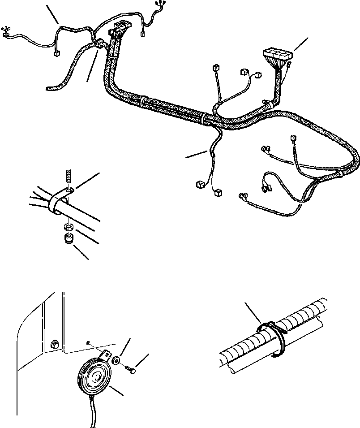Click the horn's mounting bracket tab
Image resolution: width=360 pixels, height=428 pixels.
(106, 357)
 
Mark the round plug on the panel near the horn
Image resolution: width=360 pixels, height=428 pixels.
(55, 345)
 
